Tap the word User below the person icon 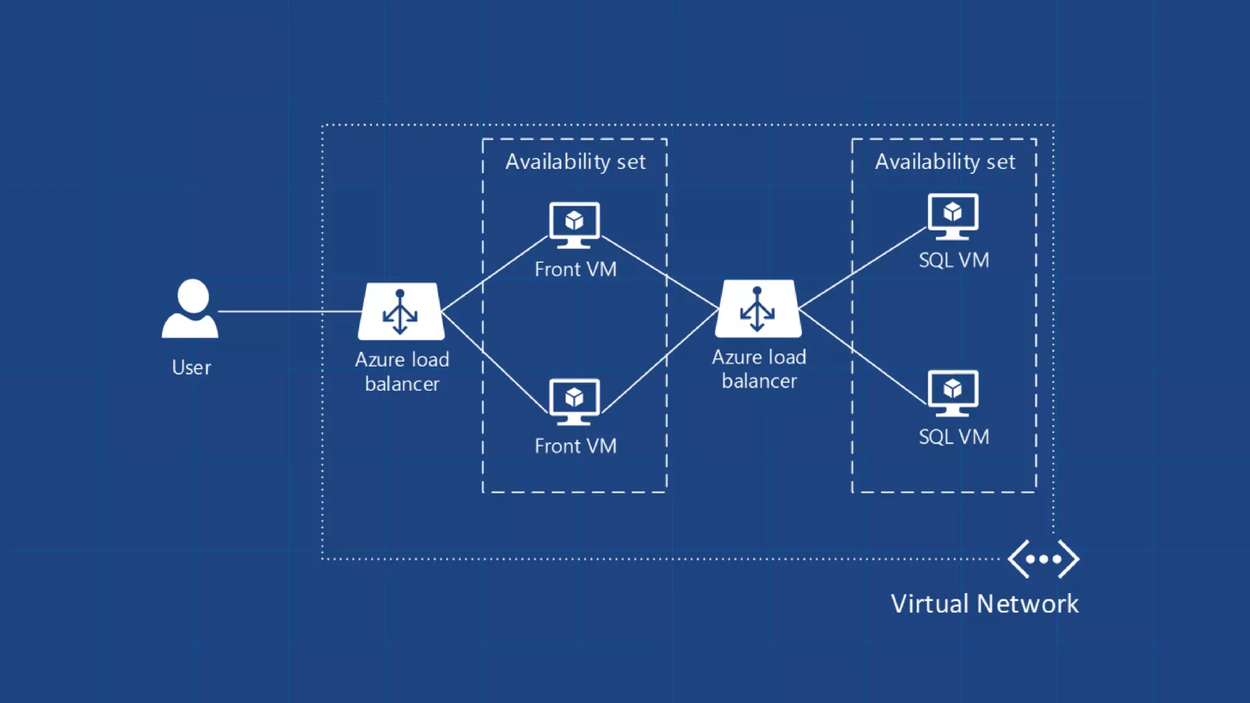click(191, 367)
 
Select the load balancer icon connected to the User click(400, 311)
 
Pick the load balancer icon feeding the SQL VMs click(758, 309)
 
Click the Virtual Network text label click(984, 604)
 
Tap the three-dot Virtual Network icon click(1043, 558)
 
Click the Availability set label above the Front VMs click(575, 162)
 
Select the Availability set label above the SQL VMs click(945, 162)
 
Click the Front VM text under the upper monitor click(575, 269)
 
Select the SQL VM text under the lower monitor click(954, 437)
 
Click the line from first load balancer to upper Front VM click(494, 274)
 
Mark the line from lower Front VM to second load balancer click(659, 362)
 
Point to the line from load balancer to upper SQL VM click(862, 269)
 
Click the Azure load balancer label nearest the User click(402, 371)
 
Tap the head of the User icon click(193, 295)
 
